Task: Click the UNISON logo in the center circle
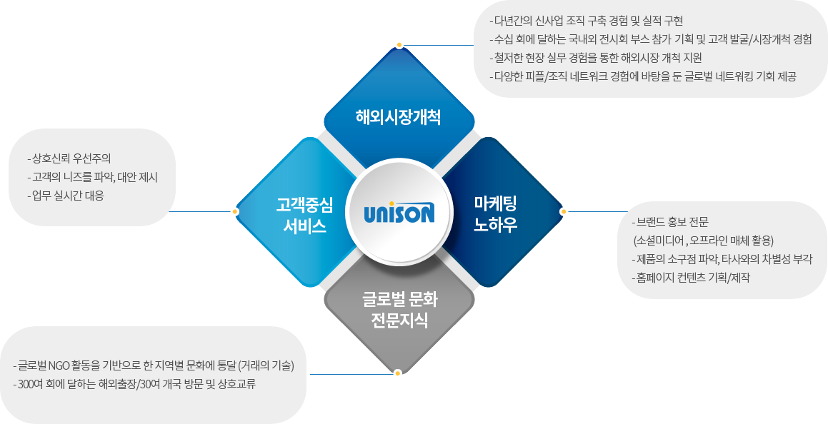(399, 212)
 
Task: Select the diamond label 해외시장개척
(399, 117)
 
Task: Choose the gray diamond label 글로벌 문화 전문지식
(399, 310)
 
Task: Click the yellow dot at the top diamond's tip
(399, 45)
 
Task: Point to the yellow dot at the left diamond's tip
(235, 211)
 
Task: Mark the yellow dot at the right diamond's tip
(563, 211)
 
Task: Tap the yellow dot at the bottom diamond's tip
(398, 373)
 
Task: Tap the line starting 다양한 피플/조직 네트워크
(642, 76)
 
